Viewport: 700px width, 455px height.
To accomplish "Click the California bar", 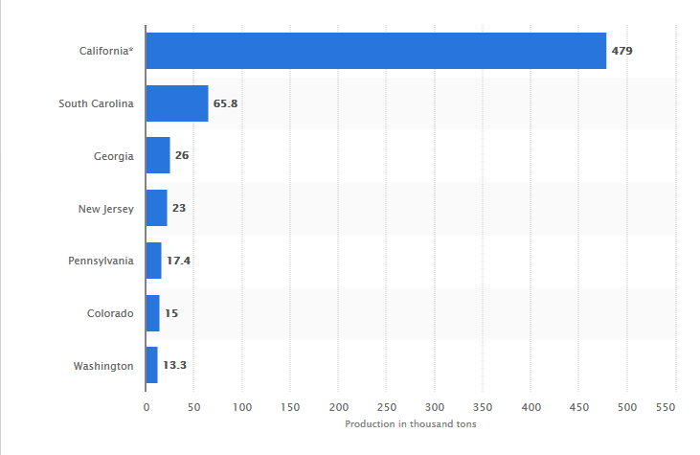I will (x=375, y=51).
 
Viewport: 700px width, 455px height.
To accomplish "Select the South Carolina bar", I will (x=177, y=103).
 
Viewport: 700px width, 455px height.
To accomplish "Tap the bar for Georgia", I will (x=158, y=155).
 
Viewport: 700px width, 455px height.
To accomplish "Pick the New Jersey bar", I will (x=156, y=208).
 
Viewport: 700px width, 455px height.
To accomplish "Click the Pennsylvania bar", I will (x=153, y=261).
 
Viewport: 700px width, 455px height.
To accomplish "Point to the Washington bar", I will (x=151, y=365).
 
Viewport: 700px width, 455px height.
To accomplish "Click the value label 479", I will (x=622, y=51).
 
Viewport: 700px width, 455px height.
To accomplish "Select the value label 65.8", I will (x=226, y=103).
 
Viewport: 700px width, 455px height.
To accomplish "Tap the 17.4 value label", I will (x=178, y=261).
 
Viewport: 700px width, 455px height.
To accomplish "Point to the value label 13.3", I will (x=174, y=365).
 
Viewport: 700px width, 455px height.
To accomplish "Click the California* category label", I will (x=105, y=51).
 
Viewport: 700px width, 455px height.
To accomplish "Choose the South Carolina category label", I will (x=96, y=103).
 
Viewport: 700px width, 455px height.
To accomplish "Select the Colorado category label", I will (x=110, y=313).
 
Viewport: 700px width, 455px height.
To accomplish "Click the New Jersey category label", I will (x=105, y=208).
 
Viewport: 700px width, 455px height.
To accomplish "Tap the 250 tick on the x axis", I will (x=387, y=407).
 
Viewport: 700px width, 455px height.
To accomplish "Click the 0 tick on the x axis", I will (x=147, y=407).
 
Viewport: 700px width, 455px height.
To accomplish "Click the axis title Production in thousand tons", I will (x=411, y=424).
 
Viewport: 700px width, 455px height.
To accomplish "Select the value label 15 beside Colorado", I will (x=170, y=313).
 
